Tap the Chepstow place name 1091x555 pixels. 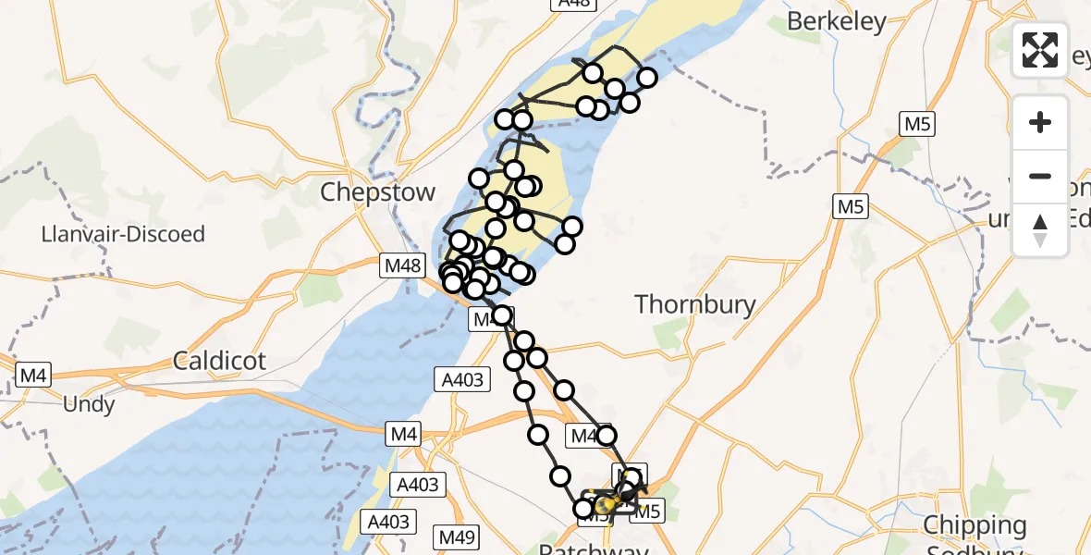(x=377, y=192)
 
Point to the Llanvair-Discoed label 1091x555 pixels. (x=123, y=234)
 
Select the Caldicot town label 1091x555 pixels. (x=219, y=361)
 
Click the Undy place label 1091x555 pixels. (x=89, y=404)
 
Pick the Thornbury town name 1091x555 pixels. (x=695, y=304)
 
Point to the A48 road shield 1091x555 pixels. (x=573, y=4)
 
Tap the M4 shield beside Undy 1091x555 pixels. (x=33, y=375)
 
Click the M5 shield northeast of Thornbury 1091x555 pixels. (x=850, y=207)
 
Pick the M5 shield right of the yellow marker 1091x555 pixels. (x=647, y=510)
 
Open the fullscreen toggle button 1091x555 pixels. (x=1040, y=50)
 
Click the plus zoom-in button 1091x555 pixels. (x=1040, y=123)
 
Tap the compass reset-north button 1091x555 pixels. (x=1040, y=229)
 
